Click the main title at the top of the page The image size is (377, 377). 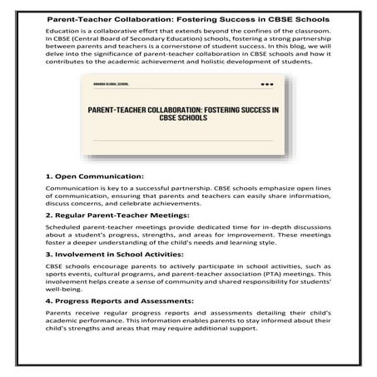[188, 17]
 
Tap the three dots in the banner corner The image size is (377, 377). [267, 83]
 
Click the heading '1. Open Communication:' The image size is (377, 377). [94, 176]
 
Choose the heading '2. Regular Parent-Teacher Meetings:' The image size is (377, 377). [123, 216]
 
